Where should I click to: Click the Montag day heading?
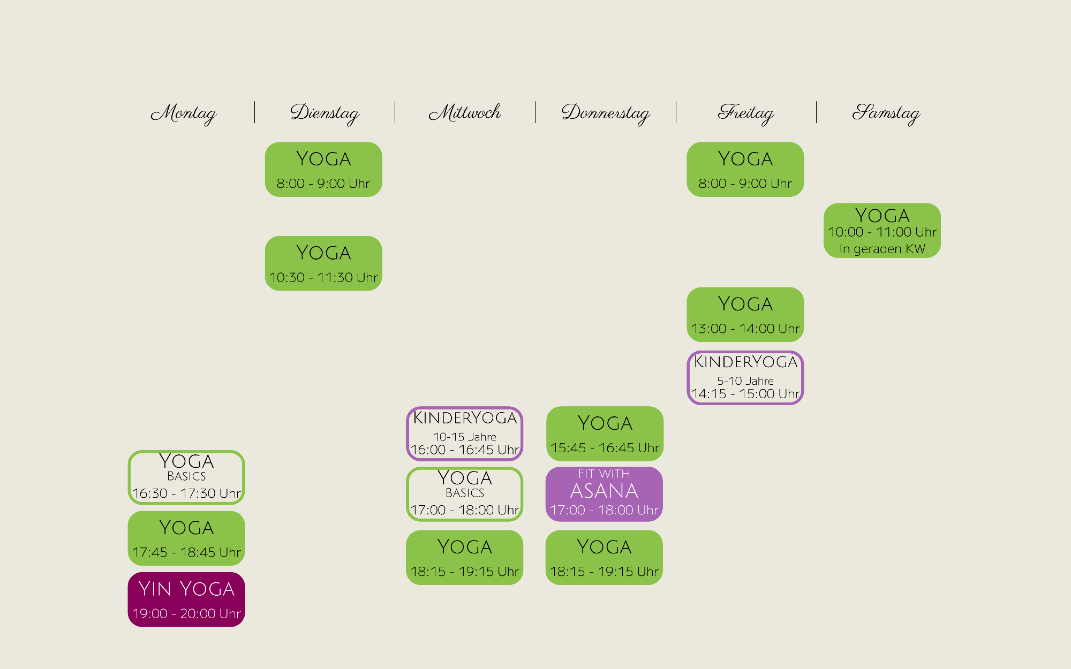click(184, 113)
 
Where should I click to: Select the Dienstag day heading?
click(325, 113)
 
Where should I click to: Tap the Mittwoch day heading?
click(465, 112)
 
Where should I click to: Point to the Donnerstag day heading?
click(606, 113)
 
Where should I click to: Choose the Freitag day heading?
click(746, 113)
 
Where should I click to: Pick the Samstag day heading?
click(886, 113)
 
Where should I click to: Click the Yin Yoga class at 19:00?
click(186, 599)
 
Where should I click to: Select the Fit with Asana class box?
click(604, 494)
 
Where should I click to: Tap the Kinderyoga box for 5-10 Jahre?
click(745, 377)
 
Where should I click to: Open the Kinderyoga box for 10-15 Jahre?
click(465, 434)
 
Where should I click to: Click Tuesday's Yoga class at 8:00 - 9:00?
click(323, 169)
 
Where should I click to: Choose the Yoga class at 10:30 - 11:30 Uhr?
click(323, 263)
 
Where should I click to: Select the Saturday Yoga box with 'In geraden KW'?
click(882, 230)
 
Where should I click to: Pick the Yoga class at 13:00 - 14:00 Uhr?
click(745, 315)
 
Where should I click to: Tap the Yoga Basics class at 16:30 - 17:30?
click(186, 477)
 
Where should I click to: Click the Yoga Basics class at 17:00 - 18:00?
click(465, 494)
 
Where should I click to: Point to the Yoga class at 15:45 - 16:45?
click(605, 434)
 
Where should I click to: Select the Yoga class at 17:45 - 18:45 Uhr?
click(186, 538)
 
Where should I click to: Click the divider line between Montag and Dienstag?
click(255, 112)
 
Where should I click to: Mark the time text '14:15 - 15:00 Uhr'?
click(745, 394)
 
